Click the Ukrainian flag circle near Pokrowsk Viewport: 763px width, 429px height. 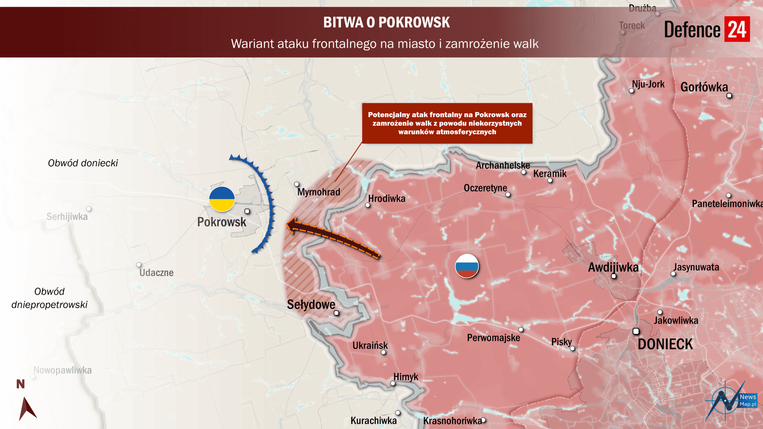coord(222,199)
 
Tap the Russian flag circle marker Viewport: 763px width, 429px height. coord(467,266)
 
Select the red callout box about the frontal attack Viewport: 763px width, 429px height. coord(447,123)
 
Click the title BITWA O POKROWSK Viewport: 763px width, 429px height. coord(386,22)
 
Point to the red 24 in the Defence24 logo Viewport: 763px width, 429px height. coord(737,29)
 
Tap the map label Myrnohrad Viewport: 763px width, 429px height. coord(318,192)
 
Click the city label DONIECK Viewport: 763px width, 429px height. coord(665,344)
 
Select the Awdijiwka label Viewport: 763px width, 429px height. coord(613,267)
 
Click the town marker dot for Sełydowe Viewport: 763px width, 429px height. coord(336,313)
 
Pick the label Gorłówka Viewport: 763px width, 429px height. coord(704,87)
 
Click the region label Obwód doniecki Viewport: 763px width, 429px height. coord(83,163)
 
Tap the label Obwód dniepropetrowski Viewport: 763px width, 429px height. coord(49,298)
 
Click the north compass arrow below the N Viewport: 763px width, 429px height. coord(27,408)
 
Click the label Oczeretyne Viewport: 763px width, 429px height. coord(485,188)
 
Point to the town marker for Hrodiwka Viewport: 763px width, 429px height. coord(368,205)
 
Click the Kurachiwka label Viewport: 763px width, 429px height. coord(373,421)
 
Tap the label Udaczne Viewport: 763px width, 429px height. coord(156,273)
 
